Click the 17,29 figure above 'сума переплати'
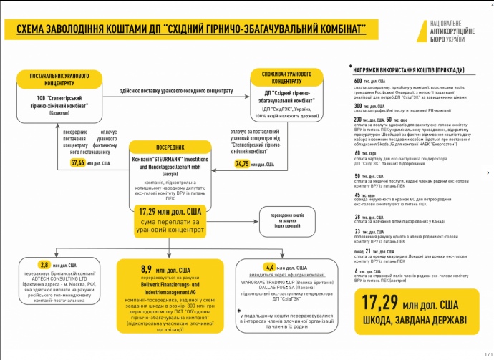click(x=165, y=212)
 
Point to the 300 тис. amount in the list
click(x=359, y=105)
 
